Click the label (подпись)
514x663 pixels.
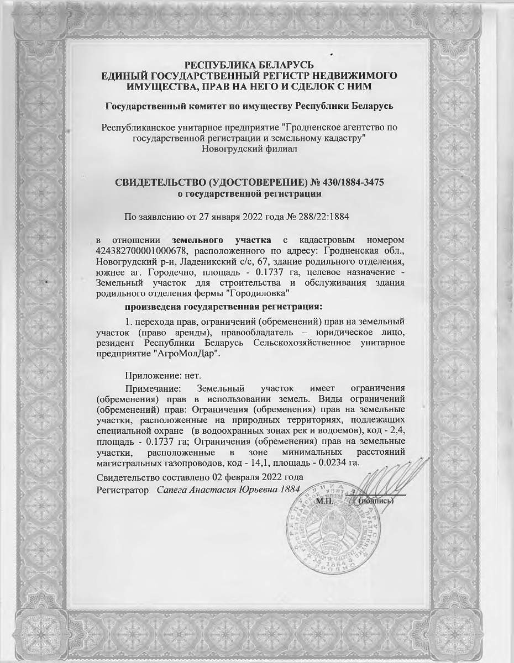pyautogui.click(x=376, y=501)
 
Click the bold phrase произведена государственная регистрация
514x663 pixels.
pyautogui.click(x=223, y=306)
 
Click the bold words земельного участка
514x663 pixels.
pyautogui.click(x=222, y=240)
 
